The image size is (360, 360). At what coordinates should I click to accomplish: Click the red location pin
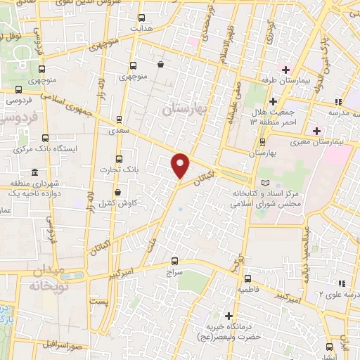point(181,165)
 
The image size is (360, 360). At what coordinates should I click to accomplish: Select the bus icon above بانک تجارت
point(118,159)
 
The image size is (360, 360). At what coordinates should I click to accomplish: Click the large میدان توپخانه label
point(48,278)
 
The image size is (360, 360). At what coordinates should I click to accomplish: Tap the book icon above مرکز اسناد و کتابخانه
point(264,183)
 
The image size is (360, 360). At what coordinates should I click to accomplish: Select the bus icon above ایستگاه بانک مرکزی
point(45,138)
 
